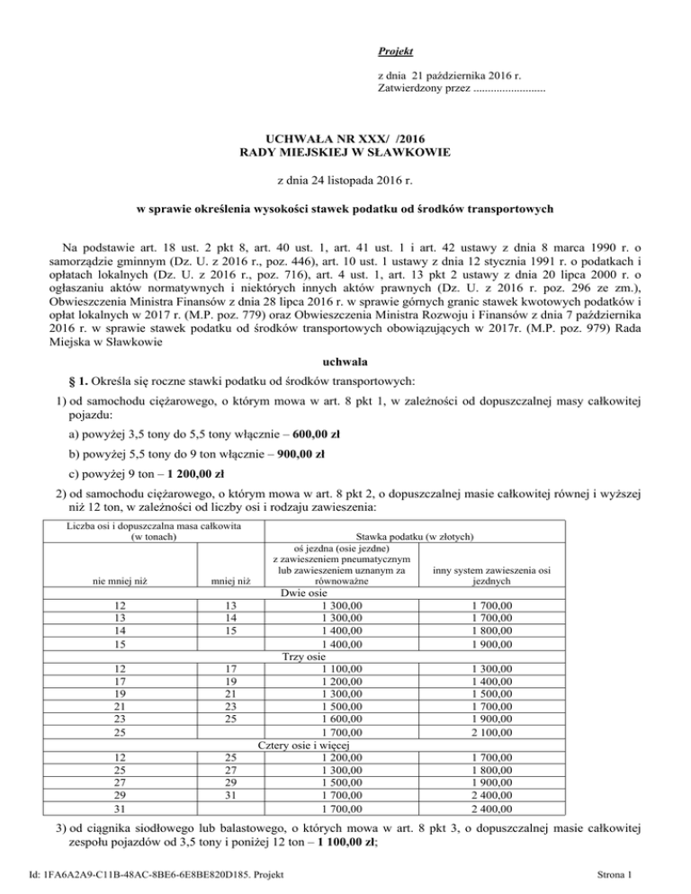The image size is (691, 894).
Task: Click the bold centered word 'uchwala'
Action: coord(345,343)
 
